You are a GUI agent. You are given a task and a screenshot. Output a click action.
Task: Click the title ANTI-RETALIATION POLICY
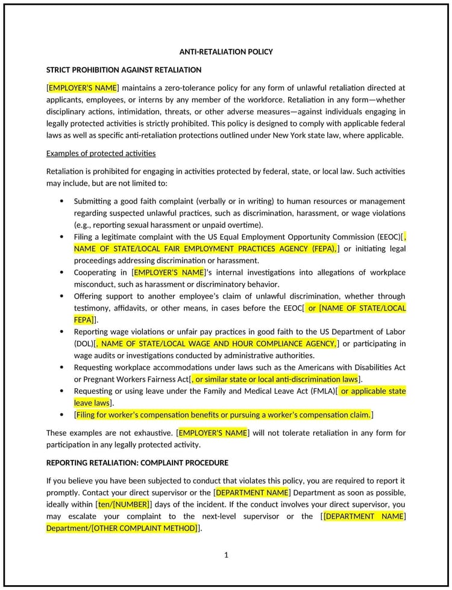226,52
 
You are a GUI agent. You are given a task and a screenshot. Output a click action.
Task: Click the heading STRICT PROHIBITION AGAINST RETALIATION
124,70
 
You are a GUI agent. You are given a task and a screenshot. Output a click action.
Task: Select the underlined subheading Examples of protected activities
101,153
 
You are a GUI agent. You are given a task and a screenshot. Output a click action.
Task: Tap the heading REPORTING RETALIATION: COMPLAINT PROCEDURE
137,462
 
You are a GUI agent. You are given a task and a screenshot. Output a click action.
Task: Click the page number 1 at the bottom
226,555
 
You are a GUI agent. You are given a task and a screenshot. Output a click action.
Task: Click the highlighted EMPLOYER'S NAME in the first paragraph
83,88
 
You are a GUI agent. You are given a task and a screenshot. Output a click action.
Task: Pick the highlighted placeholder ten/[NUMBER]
123,504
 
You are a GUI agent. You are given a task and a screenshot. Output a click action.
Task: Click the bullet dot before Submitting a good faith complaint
61,201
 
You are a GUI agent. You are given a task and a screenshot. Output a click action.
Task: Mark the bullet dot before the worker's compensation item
61,415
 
